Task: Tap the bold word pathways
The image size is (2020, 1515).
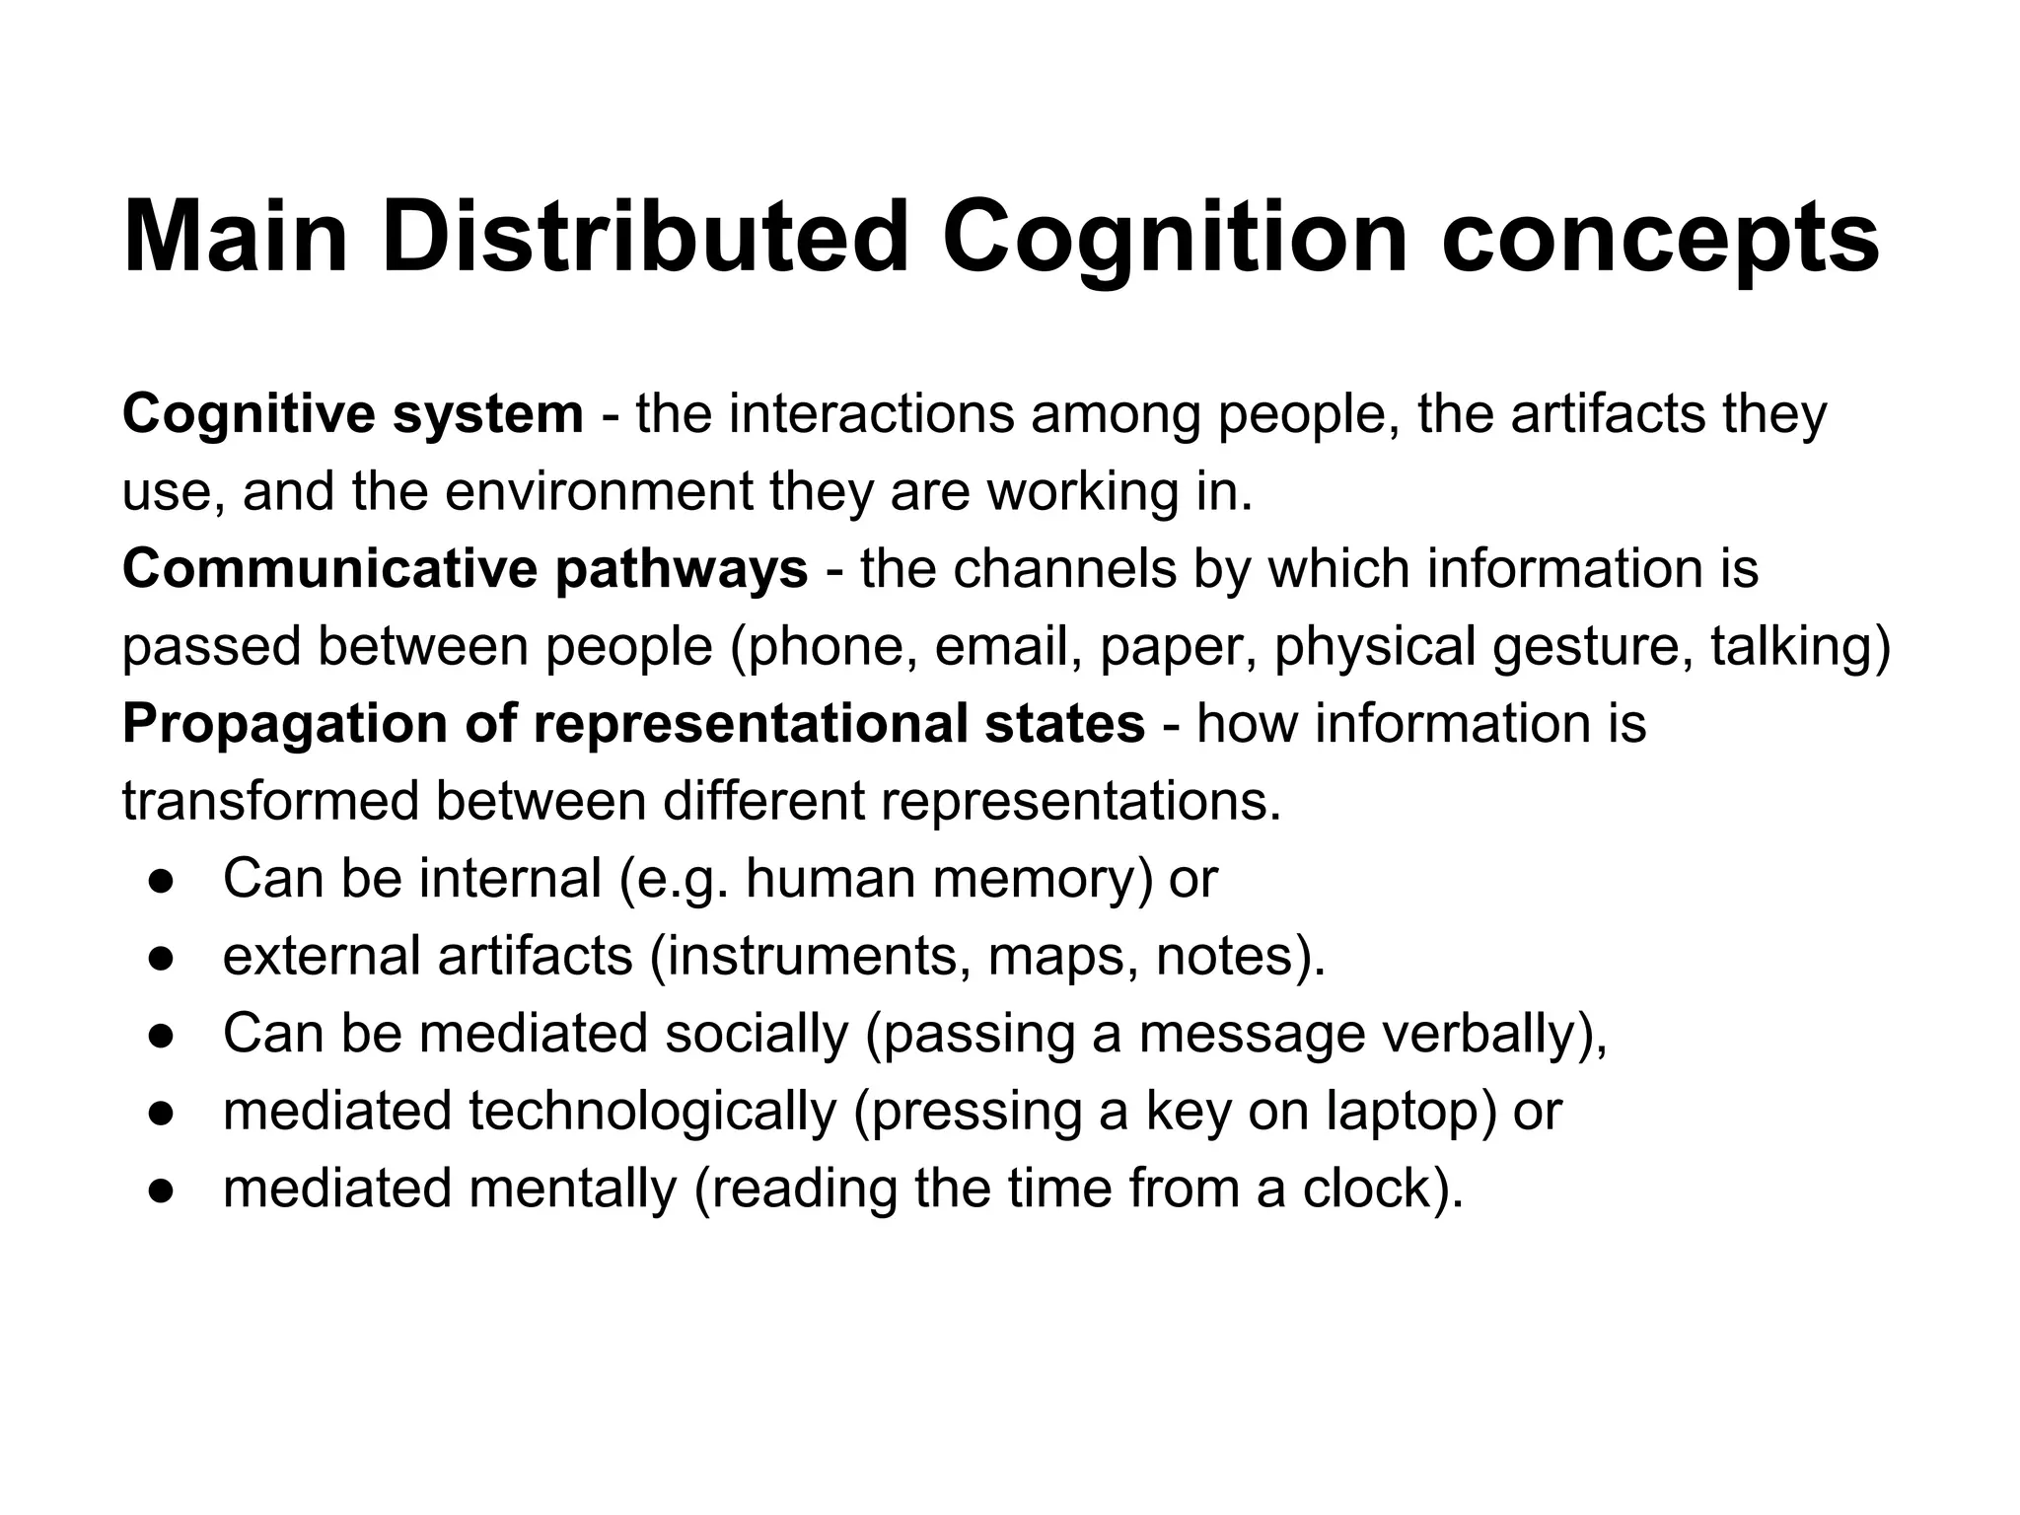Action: pos(682,570)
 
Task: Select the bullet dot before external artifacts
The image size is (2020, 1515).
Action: pos(162,958)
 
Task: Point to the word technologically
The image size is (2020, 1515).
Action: pos(652,1112)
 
